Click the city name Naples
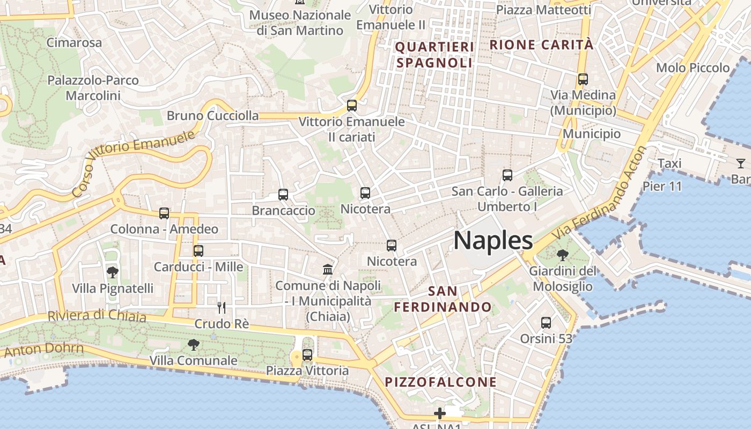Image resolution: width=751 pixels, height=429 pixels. (493, 241)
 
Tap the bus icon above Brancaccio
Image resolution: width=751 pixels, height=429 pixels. (283, 195)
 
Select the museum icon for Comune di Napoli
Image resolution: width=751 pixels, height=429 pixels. (328, 269)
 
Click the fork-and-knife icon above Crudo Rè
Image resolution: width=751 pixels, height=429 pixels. (221, 307)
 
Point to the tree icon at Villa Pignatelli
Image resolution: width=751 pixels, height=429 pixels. (112, 272)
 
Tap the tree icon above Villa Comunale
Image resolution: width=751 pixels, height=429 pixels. (193, 344)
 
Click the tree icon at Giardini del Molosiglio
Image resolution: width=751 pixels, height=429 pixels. (562, 255)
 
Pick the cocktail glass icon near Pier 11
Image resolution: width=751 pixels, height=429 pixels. (741, 163)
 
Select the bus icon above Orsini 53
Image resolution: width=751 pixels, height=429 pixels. (546, 323)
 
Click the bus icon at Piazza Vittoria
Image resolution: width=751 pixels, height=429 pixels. (307, 354)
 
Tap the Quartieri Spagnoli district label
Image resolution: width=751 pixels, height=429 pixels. (435, 55)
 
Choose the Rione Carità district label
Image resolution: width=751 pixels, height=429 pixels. (542, 45)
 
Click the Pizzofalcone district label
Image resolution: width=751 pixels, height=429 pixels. (441, 382)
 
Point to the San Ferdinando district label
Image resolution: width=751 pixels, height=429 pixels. (443, 299)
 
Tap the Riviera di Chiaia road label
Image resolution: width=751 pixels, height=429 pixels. (97, 315)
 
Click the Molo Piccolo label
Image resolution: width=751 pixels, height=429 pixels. (693, 68)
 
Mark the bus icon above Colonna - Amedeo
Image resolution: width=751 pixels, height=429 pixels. (164, 213)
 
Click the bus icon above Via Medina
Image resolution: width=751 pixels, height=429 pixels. (583, 79)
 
